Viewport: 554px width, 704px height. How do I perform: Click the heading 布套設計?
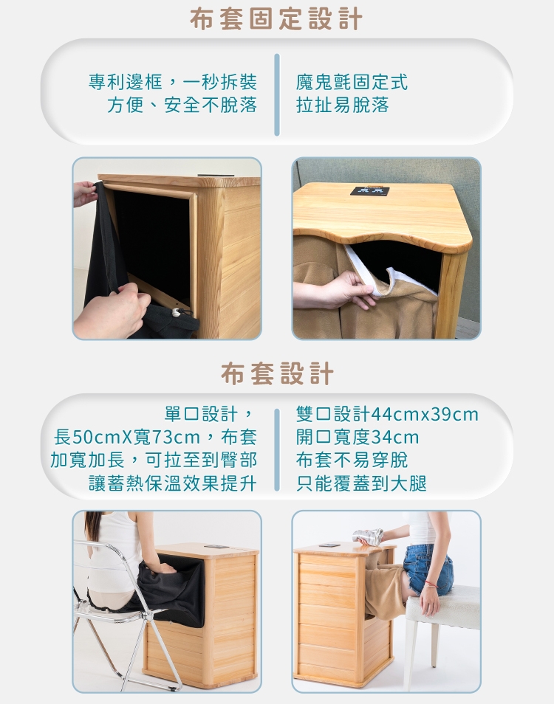coord(277,373)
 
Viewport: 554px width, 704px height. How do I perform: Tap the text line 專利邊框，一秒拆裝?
coord(173,82)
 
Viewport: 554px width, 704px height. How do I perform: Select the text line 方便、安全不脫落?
coord(182,105)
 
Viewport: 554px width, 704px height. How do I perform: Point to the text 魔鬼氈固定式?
coord(352,82)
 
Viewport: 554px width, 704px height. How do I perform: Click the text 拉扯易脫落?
coord(342,105)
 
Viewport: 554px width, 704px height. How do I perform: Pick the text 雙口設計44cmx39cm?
coord(386,414)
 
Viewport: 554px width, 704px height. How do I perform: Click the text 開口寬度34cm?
coord(358,437)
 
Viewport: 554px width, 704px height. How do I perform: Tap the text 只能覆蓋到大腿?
coord(361,483)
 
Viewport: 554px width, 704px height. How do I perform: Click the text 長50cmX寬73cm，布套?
coord(155,437)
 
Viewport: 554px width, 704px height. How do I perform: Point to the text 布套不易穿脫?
coord(352,460)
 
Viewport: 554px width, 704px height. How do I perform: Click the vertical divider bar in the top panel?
coord(277,94)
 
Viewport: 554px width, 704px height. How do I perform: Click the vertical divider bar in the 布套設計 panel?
coord(277,449)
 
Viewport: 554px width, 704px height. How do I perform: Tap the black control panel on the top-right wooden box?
coord(369,191)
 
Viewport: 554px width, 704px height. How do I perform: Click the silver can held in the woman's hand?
coord(367,536)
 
